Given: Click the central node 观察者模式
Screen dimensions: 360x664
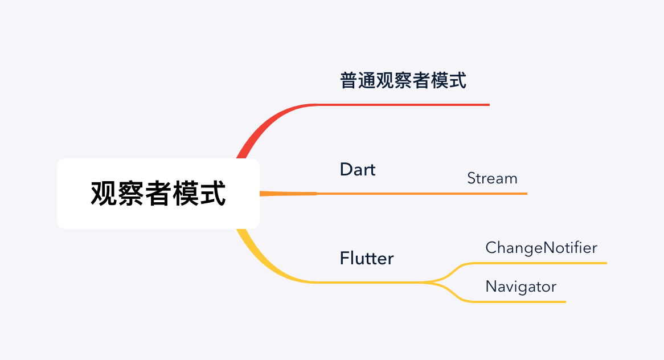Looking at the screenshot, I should click(158, 194).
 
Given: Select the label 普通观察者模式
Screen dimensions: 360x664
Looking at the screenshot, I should click(403, 81).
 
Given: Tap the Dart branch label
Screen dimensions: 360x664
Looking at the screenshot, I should click(358, 169).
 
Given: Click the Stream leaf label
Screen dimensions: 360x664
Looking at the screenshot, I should click(492, 178).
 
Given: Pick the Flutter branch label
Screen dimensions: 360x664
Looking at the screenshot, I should click(367, 258).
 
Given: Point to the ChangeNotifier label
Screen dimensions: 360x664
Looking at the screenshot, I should click(541, 248).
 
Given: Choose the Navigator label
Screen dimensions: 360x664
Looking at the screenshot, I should click(520, 286).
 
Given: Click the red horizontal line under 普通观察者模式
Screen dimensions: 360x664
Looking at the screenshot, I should click(404, 105).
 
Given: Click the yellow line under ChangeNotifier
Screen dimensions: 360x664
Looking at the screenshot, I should click(541, 263).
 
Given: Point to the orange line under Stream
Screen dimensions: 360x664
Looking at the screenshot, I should click(493, 194).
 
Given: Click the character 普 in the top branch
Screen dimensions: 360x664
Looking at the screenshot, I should click(349, 81).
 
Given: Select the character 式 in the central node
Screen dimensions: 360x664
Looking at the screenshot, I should click(214, 194).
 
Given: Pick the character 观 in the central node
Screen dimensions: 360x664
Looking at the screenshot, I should click(103, 194).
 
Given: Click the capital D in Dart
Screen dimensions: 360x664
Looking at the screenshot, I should click(346, 169).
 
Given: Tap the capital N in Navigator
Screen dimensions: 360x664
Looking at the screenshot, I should click(491, 286).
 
